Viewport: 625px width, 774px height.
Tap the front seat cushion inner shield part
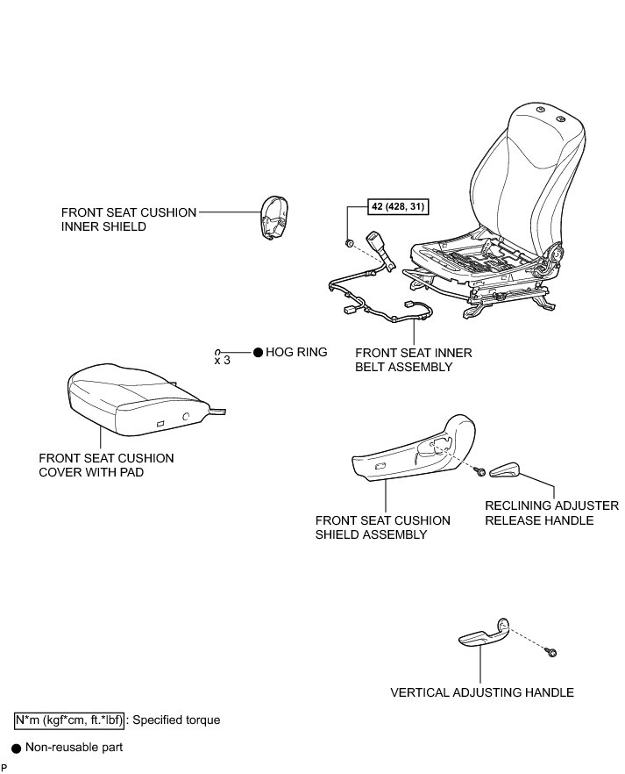(x=274, y=217)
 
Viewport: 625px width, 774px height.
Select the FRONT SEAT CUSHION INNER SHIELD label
(x=129, y=219)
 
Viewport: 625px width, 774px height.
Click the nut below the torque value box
(x=350, y=242)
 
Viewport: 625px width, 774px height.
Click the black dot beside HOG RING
(x=258, y=352)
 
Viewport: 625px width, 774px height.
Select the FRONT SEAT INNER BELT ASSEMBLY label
(x=413, y=360)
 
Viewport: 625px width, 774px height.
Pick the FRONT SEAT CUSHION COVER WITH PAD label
(x=106, y=465)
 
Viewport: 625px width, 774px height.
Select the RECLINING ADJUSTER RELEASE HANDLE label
(x=552, y=513)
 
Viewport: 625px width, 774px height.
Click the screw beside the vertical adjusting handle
(x=553, y=652)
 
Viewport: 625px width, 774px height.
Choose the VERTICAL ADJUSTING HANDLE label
(x=482, y=692)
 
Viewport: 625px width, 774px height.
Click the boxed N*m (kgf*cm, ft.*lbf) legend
(x=69, y=720)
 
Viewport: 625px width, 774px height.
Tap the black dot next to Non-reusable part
(x=16, y=749)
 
